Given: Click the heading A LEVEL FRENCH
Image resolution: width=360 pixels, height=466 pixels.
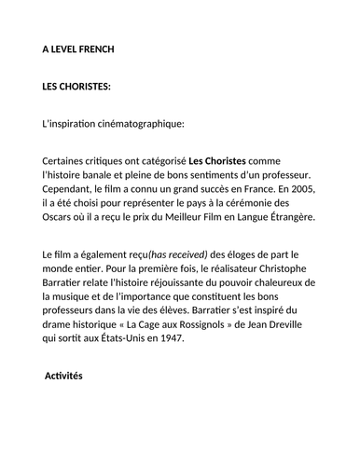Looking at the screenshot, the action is [79, 49].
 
